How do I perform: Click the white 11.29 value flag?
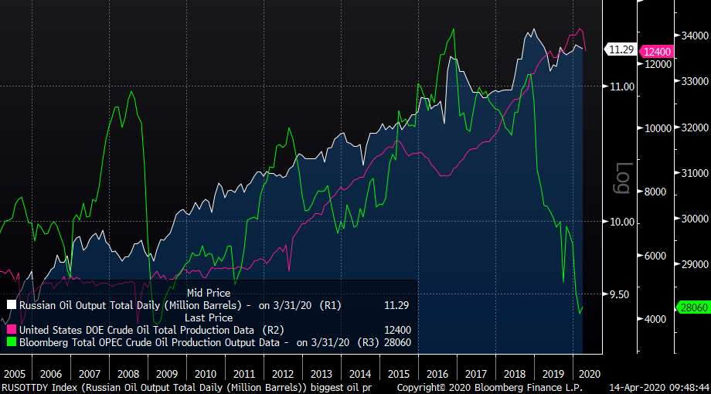click(x=621, y=50)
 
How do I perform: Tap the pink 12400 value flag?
click(x=658, y=51)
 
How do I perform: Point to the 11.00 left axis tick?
click(x=623, y=87)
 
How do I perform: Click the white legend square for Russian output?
click(x=12, y=305)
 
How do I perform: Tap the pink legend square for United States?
click(x=12, y=329)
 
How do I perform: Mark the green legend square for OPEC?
click(x=12, y=341)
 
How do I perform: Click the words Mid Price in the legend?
click(x=209, y=294)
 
